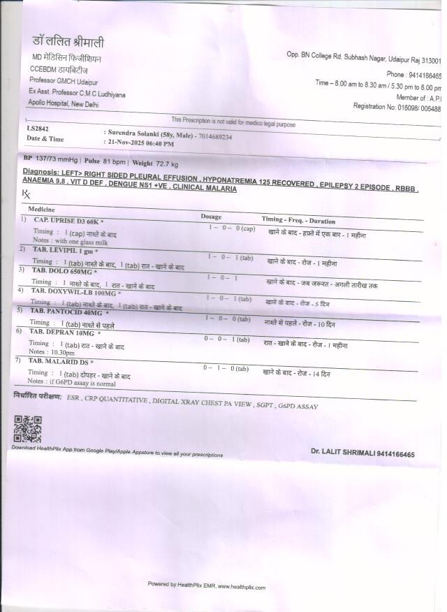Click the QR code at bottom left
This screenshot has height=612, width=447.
pyautogui.click(x=28, y=429)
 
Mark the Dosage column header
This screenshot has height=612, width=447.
pyautogui.click(x=211, y=217)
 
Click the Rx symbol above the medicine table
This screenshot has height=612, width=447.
pyautogui.click(x=27, y=194)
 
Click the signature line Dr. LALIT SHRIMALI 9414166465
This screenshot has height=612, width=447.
pyautogui.click(x=362, y=453)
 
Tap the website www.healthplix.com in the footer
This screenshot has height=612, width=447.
pyautogui.click(x=240, y=587)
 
